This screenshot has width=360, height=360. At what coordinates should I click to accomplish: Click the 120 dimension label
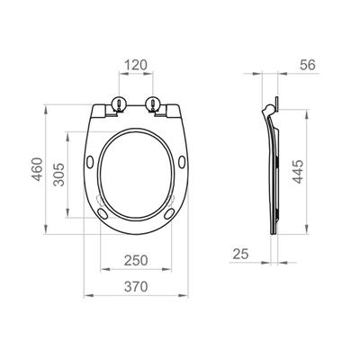pos(136,65)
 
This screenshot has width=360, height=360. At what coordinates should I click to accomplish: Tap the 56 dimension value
pos(308,65)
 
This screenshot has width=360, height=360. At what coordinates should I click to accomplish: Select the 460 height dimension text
pos(38,169)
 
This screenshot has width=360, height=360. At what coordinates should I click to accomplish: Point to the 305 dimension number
pos(58,175)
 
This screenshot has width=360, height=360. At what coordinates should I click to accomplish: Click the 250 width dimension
pos(136,260)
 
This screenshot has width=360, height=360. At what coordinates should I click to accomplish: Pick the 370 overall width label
pos(136,287)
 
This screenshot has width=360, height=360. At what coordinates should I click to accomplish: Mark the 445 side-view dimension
pos(298,172)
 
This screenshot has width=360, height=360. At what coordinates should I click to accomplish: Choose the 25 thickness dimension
pos(241,255)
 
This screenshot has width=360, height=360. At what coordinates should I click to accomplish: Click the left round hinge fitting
pos(120,104)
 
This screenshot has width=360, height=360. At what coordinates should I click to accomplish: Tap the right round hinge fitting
pos(153,104)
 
